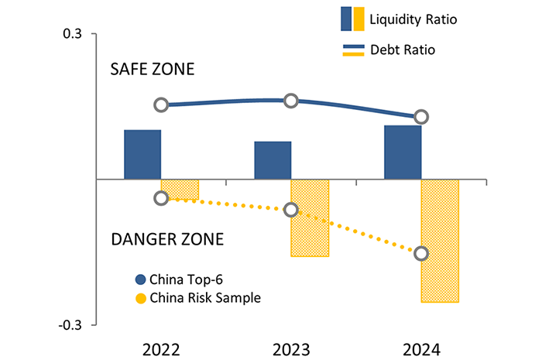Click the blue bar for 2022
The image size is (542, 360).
point(142,155)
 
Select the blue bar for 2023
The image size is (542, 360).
point(273,160)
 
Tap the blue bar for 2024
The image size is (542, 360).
point(403,153)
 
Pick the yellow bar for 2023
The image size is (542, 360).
point(310,218)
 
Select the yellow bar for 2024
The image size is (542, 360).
point(440,241)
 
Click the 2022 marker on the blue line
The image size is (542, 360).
point(161,105)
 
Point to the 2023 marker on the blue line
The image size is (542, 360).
point(291,101)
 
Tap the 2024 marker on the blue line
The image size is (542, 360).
point(421,117)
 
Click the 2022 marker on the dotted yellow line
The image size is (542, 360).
point(161,198)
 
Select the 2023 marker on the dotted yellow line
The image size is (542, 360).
point(291,210)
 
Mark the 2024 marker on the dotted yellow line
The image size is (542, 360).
point(421,254)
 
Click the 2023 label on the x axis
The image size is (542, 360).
point(291,348)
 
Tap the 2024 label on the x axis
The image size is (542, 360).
point(421,348)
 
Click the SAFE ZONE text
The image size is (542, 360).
point(153,70)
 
